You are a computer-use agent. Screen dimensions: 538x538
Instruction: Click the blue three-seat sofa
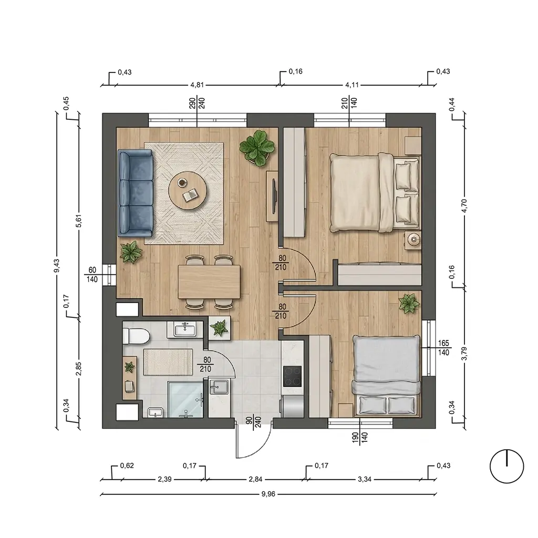click(x=136, y=193)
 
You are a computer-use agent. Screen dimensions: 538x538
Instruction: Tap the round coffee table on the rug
click(x=188, y=191)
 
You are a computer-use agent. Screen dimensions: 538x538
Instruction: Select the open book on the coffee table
click(x=191, y=195)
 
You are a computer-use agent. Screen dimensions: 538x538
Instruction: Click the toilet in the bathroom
click(x=136, y=336)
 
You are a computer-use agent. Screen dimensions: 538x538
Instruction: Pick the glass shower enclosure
click(x=185, y=400)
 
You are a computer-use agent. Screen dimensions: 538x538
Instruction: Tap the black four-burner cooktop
click(x=292, y=376)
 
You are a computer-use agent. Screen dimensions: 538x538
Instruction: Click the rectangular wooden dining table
click(x=209, y=282)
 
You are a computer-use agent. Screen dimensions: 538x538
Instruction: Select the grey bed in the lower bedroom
click(x=387, y=375)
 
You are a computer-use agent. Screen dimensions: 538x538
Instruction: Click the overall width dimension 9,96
click(x=268, y=494)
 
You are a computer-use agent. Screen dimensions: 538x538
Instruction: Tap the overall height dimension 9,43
click(x=57, y=266)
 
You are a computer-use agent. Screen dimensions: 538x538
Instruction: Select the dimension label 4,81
click(x=198, y=85)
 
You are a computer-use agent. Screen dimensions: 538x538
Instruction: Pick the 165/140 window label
click(x=443, y=348)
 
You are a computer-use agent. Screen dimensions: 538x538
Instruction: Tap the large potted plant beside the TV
click(x=257, y=148)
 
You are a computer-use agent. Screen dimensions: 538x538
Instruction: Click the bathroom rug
click(x=168, y=362)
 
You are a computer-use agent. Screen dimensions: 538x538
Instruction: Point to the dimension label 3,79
click(x=464, y=354)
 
